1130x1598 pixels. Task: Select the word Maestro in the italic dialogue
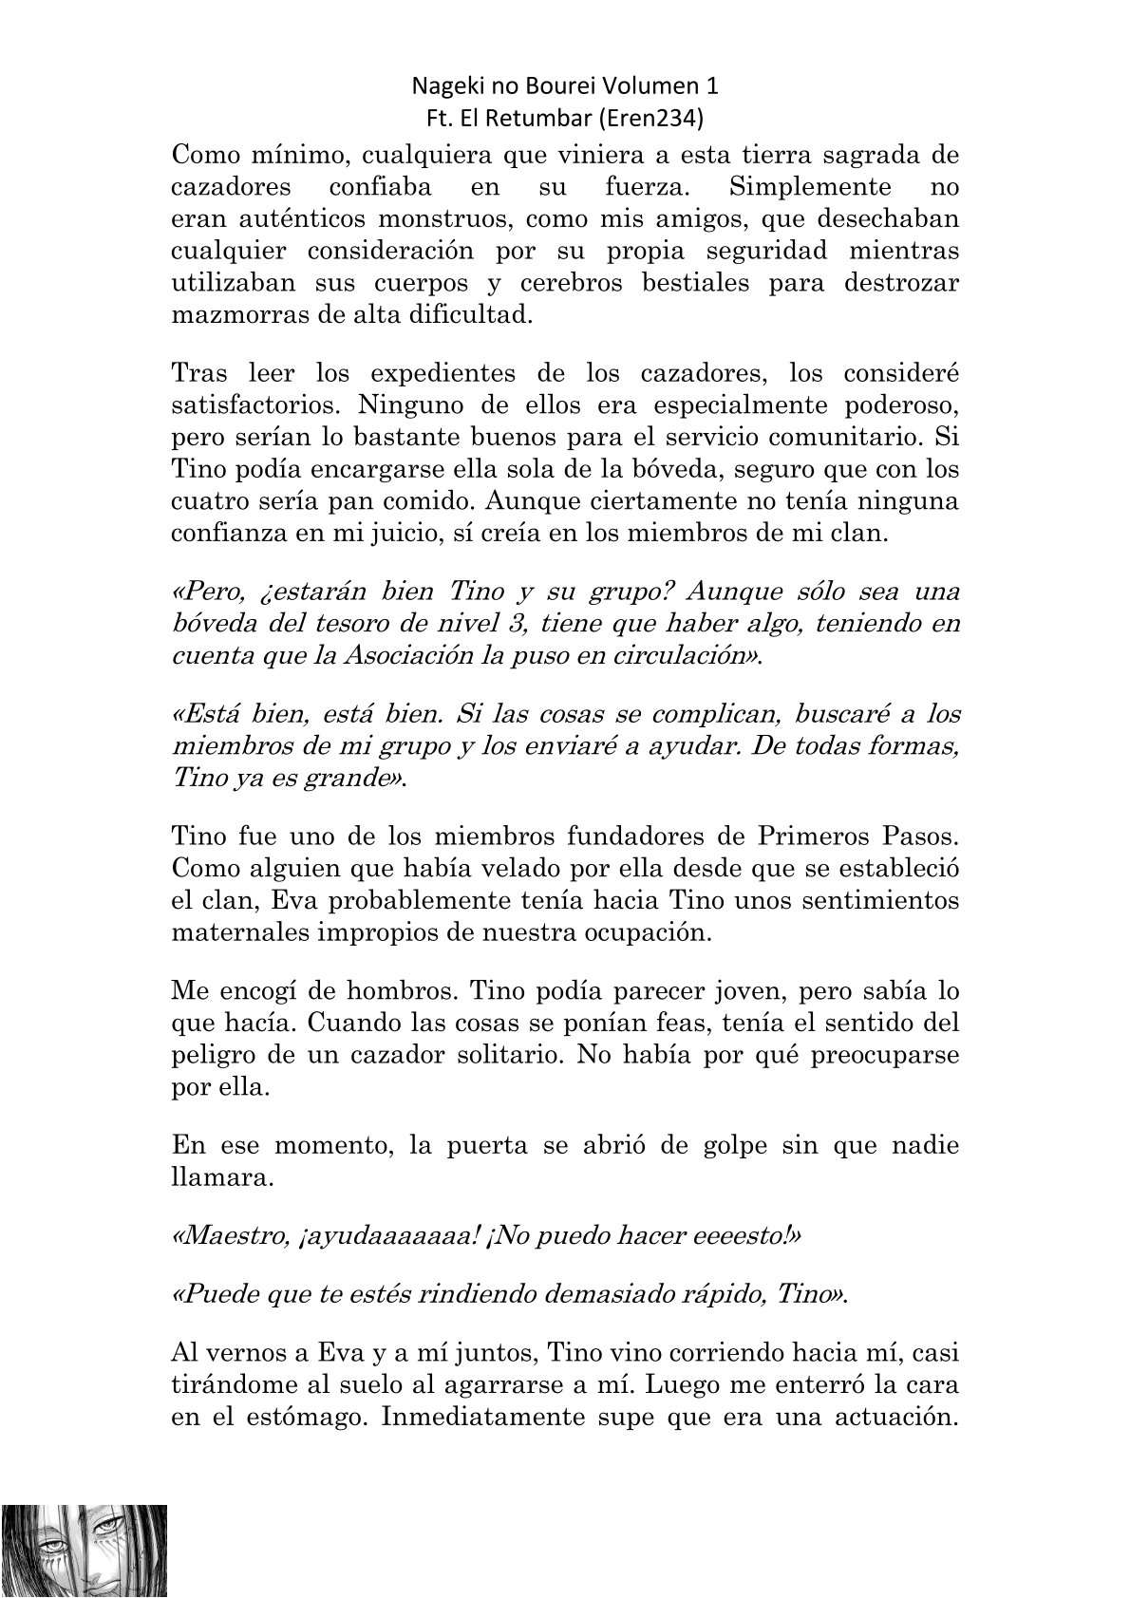(222, 1235)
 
